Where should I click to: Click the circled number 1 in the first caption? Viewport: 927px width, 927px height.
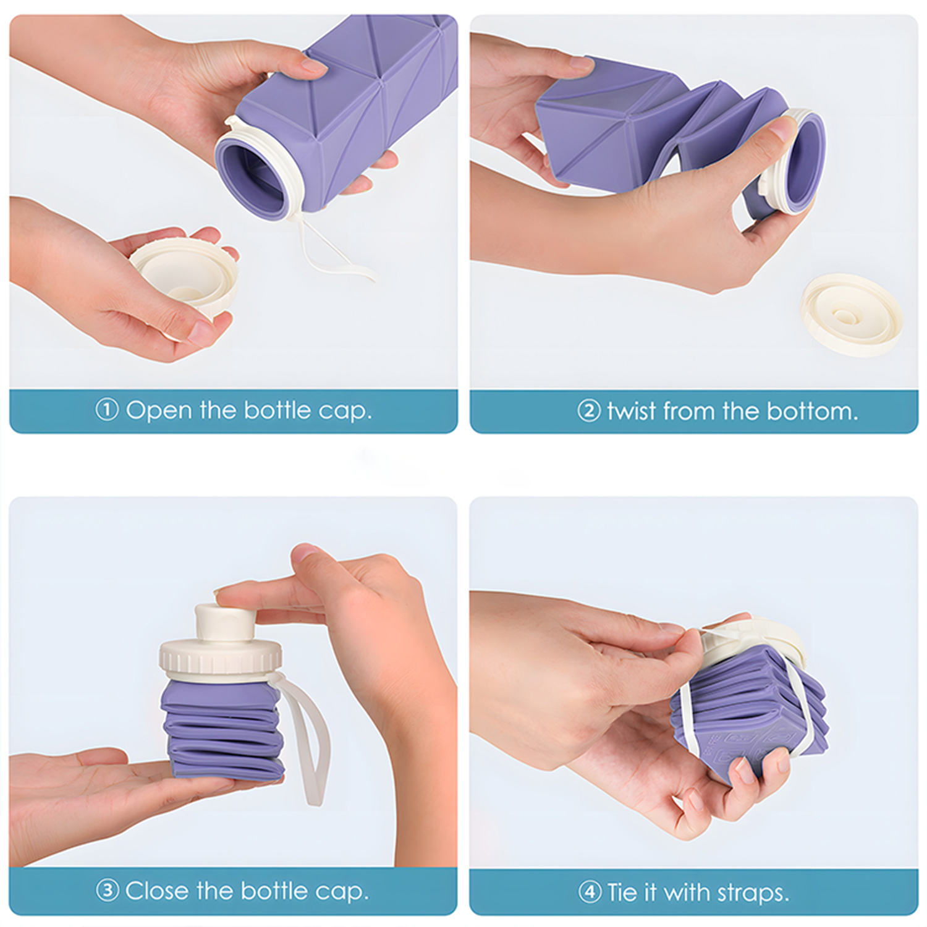106,410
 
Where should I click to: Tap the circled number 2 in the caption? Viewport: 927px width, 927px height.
588,411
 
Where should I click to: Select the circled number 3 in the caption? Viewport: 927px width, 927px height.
107,891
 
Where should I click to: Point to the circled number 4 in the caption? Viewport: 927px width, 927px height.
589,892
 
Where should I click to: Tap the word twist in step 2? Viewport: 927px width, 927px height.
630,411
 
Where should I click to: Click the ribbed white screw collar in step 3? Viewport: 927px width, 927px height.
221,660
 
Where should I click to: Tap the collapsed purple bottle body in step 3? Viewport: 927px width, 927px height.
222,729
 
